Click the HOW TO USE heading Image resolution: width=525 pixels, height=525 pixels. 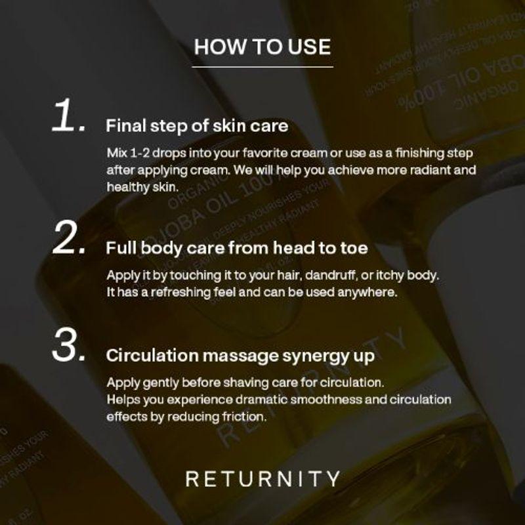pyautogui.click(x=262, y=47)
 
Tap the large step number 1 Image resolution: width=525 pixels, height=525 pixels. pyautogui.click(x=69, y=118)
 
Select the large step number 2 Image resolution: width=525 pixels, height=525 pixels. pyautogui.click(x=69, y=241)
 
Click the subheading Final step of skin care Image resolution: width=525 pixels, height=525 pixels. pyautogui.click(x=197, y=125)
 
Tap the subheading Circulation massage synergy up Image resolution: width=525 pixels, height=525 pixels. pyautogui.click(x=240, y=356)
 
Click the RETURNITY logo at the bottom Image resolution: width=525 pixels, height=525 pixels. pyautogui.click(x=262, y=478)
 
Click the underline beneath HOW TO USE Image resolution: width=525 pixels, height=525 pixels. pyautogui.click(x=262, y=66)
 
